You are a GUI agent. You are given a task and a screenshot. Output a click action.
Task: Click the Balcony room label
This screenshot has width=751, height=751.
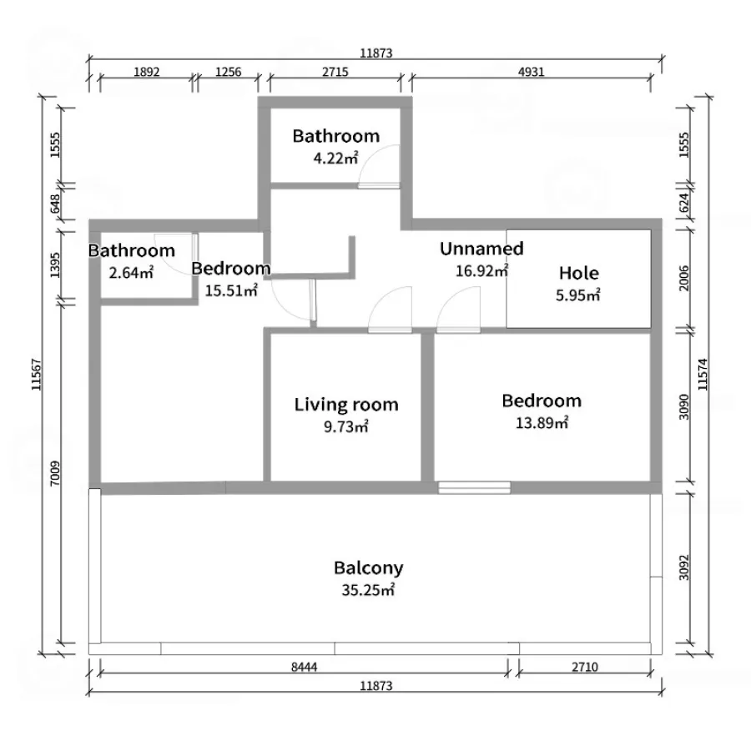coord(368,568)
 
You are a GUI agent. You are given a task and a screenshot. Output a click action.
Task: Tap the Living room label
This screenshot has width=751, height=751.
coord(346,405)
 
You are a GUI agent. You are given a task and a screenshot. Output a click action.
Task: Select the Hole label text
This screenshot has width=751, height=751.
coord(578,273)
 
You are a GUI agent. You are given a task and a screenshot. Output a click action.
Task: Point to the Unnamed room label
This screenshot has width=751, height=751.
coord(481,249)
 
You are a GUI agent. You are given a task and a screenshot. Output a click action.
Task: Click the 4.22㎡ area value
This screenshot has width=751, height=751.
coord(335,158)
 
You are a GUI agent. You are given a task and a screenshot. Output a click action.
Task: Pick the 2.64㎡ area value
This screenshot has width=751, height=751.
coord(131,273)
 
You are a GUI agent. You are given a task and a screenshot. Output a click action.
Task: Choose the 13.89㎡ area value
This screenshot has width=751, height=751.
coord(542,423)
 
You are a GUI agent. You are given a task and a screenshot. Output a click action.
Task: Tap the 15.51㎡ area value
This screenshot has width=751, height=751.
coord(231,290)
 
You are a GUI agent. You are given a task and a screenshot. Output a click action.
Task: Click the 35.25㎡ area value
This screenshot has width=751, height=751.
coord(368,590)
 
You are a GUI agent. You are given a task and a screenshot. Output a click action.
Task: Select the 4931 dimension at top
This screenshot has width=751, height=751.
coord(532,72)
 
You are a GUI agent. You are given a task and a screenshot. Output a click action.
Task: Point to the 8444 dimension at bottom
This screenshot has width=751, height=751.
coord(304,667)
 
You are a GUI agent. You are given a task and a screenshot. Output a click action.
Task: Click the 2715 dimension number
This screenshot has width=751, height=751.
coord(335,72)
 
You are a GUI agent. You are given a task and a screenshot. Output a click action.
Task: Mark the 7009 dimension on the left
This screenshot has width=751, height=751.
coord(55,473)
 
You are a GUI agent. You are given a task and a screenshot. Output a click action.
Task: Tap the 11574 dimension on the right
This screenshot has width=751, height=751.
coord(703,375)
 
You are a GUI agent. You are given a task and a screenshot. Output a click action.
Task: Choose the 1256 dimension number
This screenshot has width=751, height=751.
coord(228,72)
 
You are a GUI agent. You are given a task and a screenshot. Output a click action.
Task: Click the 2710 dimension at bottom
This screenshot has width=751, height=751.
coord(585,667)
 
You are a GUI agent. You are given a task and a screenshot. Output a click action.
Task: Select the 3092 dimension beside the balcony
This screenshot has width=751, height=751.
coord(684,567)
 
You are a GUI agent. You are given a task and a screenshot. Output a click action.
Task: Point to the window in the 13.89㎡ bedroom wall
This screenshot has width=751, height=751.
coord(474,487)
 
